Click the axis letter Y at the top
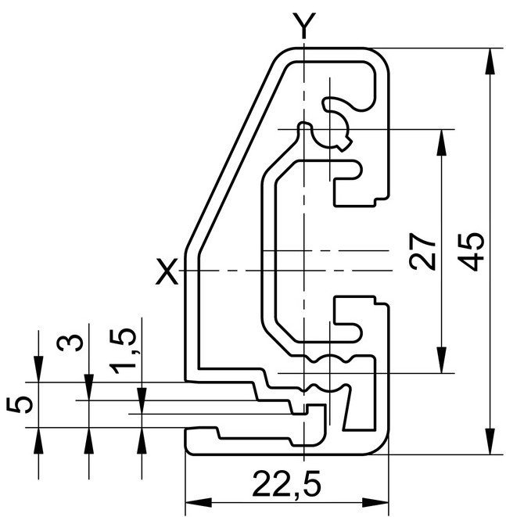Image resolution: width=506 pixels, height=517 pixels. [x=303, y=25]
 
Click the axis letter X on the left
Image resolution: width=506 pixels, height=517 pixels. [x=167, y=271]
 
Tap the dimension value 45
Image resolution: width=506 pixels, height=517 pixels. [x=472, y=252]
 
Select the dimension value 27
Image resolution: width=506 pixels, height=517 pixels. [x=423, y=252]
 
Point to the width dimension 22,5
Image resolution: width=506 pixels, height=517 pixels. [x=287, y=484]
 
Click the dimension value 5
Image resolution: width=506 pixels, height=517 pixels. [x=20, y=404]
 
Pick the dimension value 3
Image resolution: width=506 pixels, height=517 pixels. [x=70, y=343]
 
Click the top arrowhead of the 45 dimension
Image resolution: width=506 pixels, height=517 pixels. [x=490, y=62]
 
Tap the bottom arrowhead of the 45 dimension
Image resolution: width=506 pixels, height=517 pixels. [x=490, y=441]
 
